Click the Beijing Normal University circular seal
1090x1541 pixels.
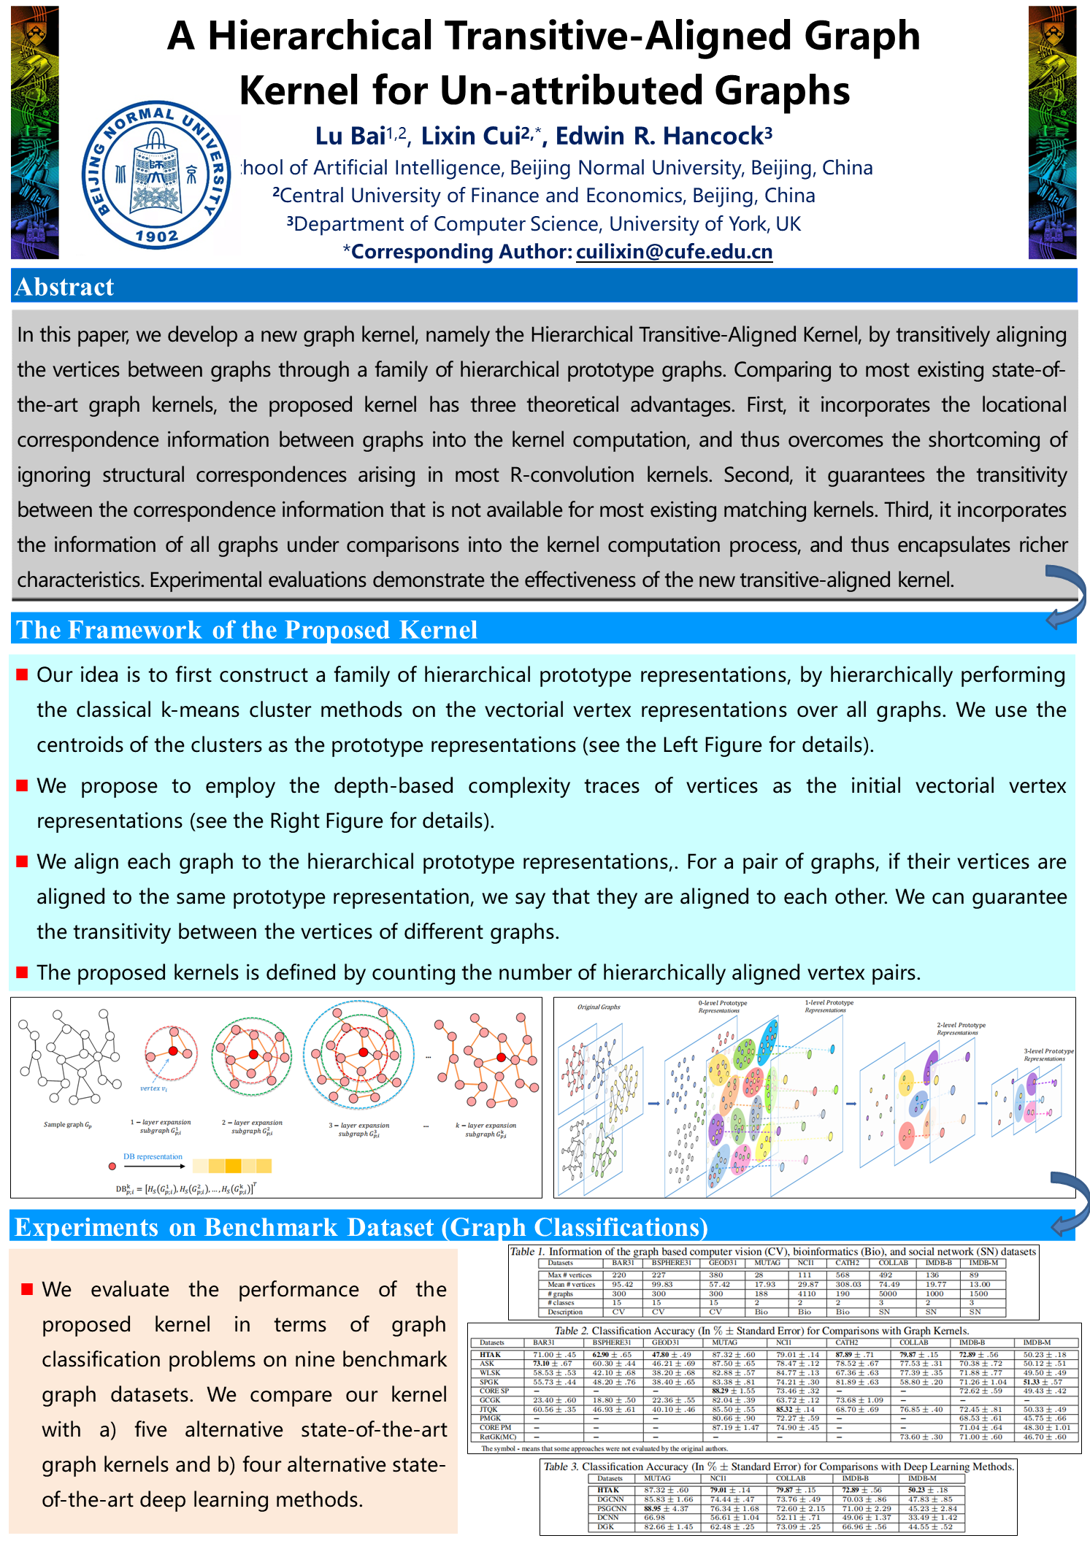pyautogui.click(x=156, y=175)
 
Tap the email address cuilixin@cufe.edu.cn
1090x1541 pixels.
pyautogui.click(x=674, y=252)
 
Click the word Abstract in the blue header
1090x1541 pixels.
pyautogui.click(x=64, y=287)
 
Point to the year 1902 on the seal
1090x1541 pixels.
pyautogui.click(x=156, y=236)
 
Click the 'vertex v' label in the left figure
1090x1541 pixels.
pyautogui.click(x=153, y=1088)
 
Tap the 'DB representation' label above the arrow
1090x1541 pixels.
pyautogui.click(x=153, y=1156)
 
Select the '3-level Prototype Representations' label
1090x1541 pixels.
pyautogui.click(x=1048, y=1055)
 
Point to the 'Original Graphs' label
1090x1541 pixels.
pyautogui.click(x=599, y=1007)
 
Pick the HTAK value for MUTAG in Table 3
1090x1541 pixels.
pyautogui.click(x=665, y=1490)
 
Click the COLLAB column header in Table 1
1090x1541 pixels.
pyautogui.click(x=893, y=1263)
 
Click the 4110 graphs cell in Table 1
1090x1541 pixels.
pyautogui.click(x=806, y=1294)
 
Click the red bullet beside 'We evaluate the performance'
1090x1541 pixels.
pyautogui.click(x=27, y=1289)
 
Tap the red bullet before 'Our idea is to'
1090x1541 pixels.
pyautogui.click(x=22, y=674)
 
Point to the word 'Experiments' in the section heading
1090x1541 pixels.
pyautogui.click(x=86, y=1227)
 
